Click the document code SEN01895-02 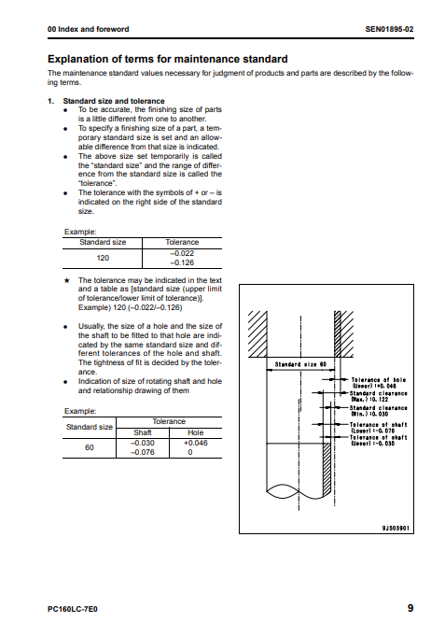click(389, 29)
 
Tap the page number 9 click(410, 608)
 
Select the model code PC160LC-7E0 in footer click(73, 609)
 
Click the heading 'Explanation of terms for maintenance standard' click(167, 59)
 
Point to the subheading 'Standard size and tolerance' click(114, 101)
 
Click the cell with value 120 click(103, 258)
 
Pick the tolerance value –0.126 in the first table click(182, 262)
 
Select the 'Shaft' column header click(143, 432)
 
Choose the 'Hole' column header click(195, 432)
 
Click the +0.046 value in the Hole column click(195, 443)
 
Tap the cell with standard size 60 click(90, 447)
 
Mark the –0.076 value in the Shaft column click(143, 452)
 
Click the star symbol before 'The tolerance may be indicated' click(67, 280)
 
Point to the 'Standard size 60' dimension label click(300, 364)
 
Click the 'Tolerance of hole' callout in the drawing click(379, 383)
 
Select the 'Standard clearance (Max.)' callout click(379, 396)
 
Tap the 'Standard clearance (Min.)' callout click(379, 411)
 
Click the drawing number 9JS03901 click(396, 528)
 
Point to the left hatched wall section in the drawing click(257, 333)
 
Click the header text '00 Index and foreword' click(89, 29)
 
